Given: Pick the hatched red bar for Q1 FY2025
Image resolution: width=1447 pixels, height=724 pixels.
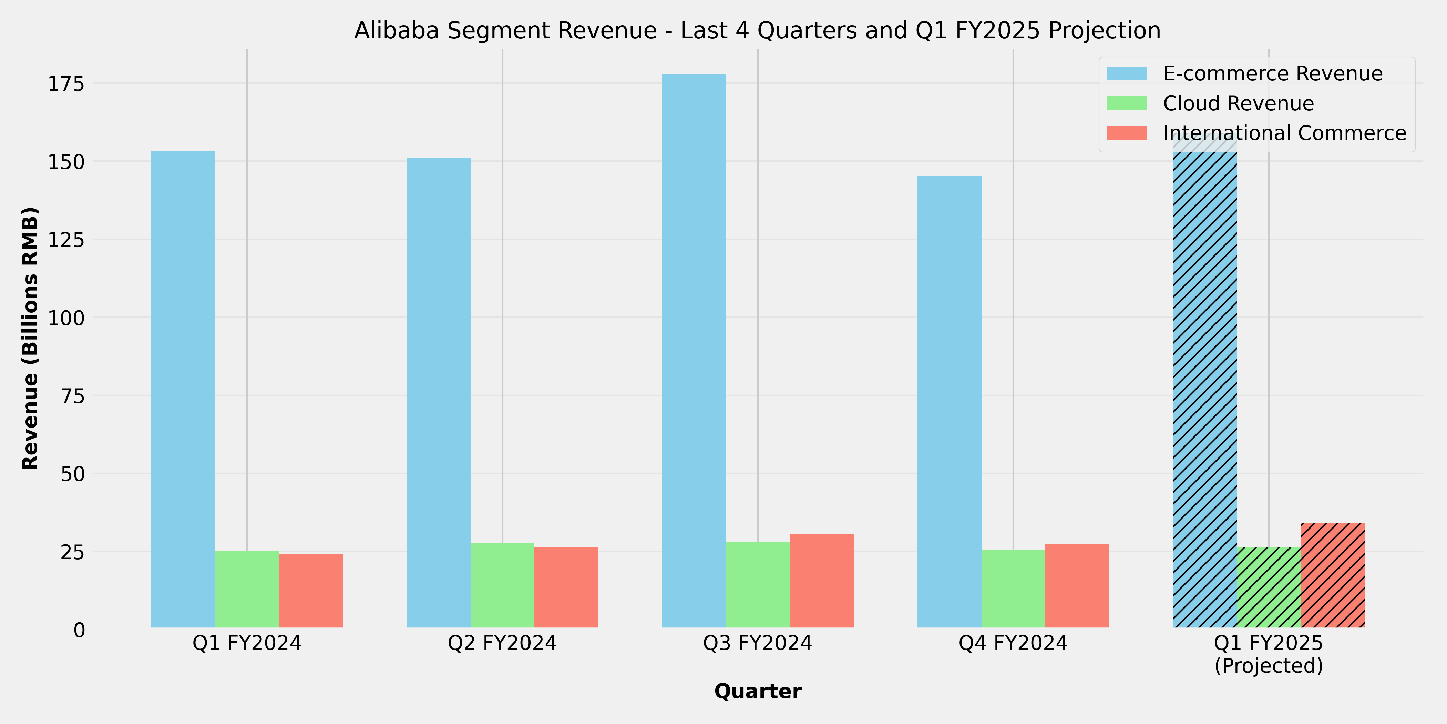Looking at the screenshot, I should [1332, 576].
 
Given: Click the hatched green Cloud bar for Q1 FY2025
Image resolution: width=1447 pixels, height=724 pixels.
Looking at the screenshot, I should [1269, 587].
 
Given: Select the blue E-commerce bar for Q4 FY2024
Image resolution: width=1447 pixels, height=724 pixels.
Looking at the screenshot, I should [949, 402].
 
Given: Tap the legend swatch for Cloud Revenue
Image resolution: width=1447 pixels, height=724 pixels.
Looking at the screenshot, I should [1127, 103].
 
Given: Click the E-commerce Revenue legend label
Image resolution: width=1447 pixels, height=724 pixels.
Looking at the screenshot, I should [1272, 74].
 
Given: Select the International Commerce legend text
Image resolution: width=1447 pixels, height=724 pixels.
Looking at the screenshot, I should [1284, 133].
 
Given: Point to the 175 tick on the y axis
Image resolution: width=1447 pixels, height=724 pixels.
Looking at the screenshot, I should [66, 84].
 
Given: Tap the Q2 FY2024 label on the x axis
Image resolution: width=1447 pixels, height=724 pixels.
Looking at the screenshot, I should [502, 643].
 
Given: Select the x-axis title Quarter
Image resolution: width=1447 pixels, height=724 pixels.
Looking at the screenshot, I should [757, 691].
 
